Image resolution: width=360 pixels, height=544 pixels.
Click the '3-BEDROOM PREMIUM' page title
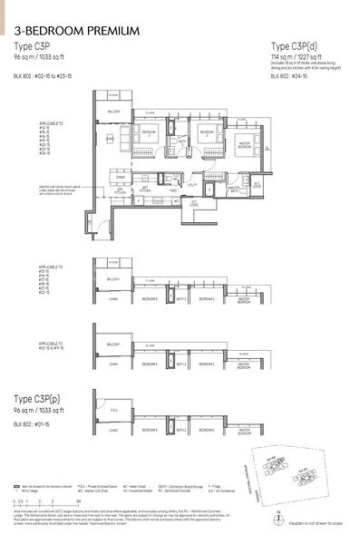pyautogui.click(x=77, y=32)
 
